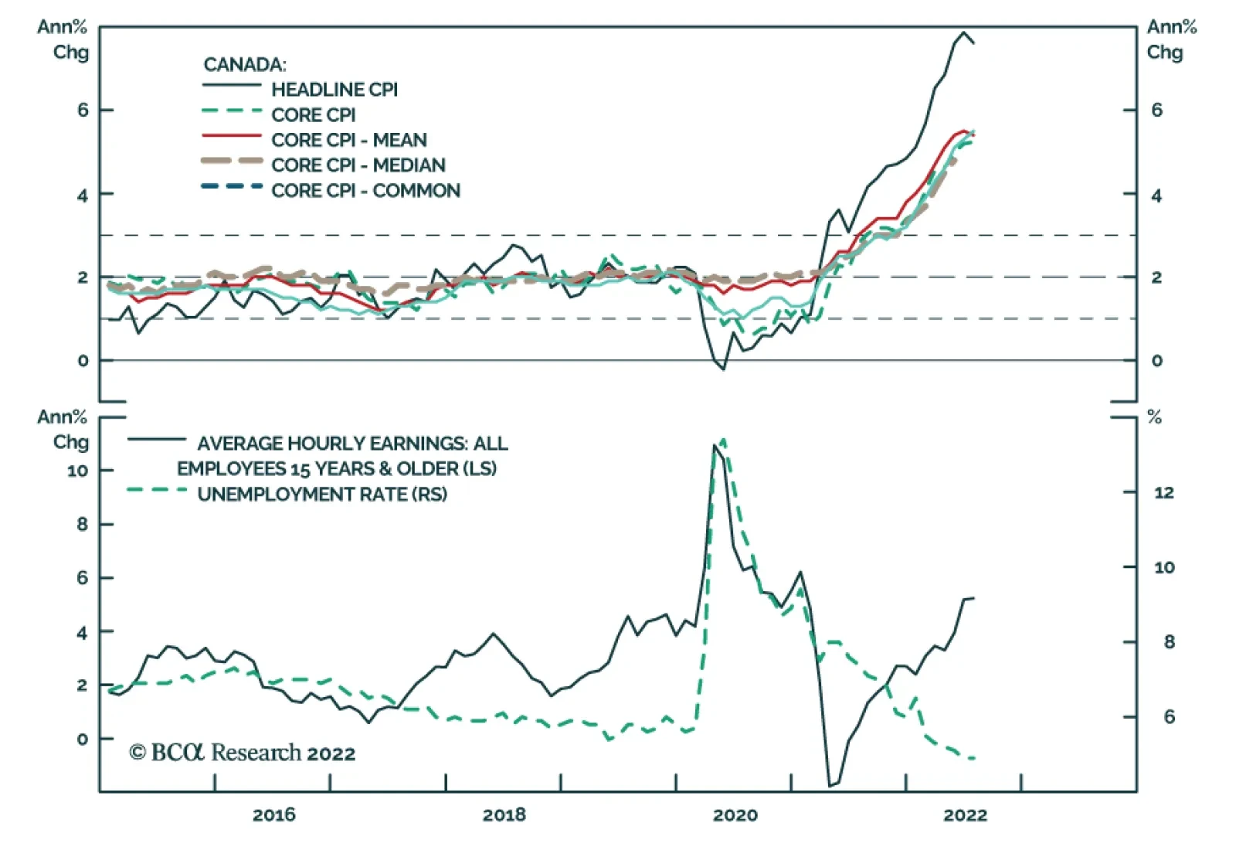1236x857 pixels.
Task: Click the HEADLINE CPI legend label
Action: [x=334, y=90]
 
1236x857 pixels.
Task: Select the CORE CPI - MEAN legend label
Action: [x=348, y=140]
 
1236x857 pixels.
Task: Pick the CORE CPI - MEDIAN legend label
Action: [x=358, y=165]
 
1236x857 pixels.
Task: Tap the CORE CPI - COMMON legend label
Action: [x=365, y=191]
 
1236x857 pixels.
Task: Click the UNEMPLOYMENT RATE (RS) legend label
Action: [x=322, y=495]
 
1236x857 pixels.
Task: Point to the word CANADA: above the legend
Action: [x=244, y=65]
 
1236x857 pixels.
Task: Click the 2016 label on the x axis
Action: [x=273, y=815]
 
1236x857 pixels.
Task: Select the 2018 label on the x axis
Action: [x=504, y=815]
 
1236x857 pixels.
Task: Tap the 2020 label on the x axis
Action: [x=735, y=815]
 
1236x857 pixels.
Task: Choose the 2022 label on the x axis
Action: [x=965, y=815]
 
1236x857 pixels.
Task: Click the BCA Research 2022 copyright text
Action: [x=242, y=753]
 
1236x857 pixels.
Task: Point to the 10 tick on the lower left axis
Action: [x=77, y=471]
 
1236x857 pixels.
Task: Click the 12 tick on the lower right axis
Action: [x=1163, y=492]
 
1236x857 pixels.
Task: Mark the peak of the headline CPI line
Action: [x=963, y=32]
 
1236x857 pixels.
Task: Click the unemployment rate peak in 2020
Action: [x=723, y=439]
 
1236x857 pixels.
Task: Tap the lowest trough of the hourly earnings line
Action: [x=831, y=786]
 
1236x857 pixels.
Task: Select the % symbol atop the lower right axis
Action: [x=1155, y=418]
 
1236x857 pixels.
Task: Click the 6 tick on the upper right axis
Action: [x=1156, y=111]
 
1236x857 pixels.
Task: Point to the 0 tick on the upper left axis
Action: [x=83, y=361]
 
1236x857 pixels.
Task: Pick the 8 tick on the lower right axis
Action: [x=1169, y=642]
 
